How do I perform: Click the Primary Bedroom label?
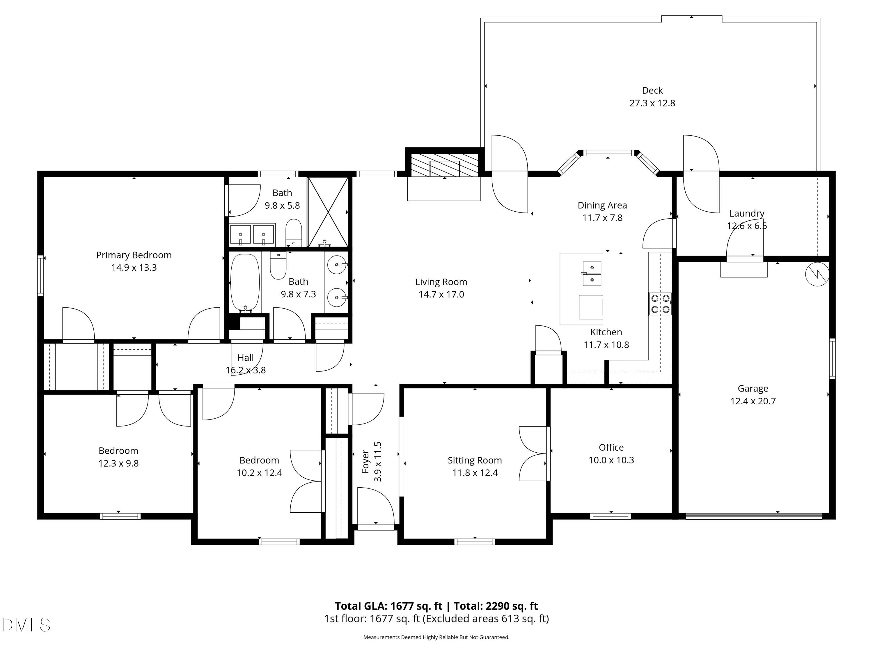134,255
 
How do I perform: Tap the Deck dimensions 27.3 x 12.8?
652,103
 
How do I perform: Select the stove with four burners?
660,304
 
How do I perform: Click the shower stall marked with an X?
328,212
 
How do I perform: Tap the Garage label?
753,389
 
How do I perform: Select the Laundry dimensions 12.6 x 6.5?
747,226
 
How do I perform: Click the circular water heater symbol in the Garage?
817,274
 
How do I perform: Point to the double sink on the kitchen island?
592,274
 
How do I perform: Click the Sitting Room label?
474,460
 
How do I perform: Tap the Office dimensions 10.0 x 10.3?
611,460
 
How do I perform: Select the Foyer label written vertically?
365,461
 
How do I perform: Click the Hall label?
246,358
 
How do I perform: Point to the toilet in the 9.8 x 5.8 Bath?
293,233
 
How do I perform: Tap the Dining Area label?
602,205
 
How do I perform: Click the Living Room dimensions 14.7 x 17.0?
441,295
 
